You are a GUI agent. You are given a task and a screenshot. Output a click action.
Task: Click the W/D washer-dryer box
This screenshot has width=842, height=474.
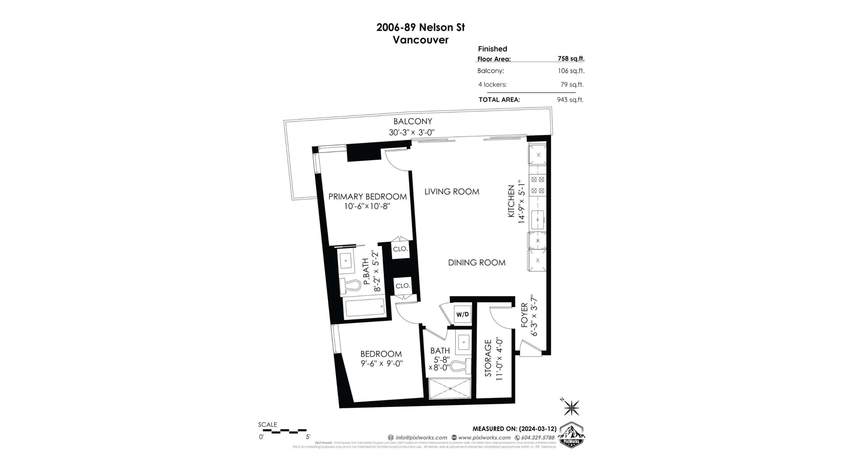point(462,314)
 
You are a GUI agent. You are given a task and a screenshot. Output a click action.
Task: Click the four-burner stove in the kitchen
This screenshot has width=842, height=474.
point(537,185)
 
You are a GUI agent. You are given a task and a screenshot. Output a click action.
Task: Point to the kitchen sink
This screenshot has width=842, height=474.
point(537,220)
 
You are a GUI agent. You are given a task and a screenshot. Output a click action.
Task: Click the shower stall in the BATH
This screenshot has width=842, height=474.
point(450,388)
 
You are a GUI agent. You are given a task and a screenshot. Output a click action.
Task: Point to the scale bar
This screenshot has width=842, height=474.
point(284,431)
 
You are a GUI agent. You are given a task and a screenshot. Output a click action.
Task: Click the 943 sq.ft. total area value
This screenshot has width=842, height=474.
point(570,100)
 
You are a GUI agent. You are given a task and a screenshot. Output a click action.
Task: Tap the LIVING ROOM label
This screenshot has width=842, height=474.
point(452,192)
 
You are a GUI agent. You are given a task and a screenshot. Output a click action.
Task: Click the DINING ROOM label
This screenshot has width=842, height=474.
point(477,263)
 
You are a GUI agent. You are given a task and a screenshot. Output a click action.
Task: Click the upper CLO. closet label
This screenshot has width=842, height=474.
point(400,249)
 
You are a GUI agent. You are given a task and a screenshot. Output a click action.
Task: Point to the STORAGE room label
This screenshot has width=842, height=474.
point(488,359)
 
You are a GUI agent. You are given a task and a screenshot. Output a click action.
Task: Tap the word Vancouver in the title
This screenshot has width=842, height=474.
point(420,40)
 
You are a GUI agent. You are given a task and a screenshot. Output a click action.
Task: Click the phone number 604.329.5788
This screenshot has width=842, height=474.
point(538,438)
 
